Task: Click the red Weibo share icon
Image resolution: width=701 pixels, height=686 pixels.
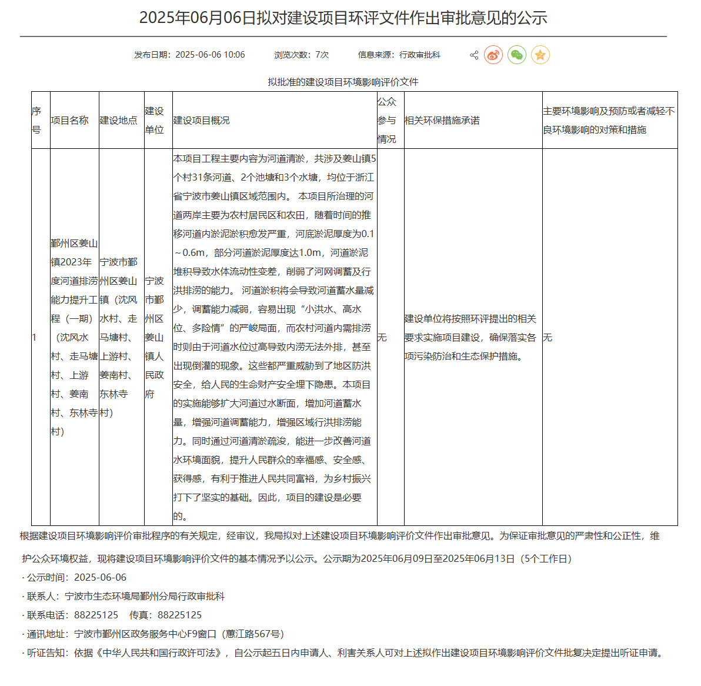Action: pos(493,55)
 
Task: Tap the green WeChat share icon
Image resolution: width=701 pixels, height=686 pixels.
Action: pos(517,55)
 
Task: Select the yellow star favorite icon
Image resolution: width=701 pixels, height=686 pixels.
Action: pos(540,55)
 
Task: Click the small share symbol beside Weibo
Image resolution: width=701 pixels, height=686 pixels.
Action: pos(474,55)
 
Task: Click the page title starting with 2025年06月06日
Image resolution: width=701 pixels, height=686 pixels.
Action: pos(343,18)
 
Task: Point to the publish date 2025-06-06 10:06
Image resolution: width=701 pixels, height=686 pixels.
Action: pos(210,55)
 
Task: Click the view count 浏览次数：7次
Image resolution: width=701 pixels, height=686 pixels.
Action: pos(301,55)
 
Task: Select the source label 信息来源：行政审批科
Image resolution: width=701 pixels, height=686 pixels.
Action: pos(399,55)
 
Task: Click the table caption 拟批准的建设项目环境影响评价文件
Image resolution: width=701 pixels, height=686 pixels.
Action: pos(343,82)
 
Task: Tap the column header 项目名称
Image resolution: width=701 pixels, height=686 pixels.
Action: pos(69,120)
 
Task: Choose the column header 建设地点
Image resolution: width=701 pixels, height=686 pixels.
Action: pos(118,120)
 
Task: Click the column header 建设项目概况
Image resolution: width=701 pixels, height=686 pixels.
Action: pos(201,120)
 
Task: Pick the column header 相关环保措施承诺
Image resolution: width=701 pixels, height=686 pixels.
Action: pos(442,120)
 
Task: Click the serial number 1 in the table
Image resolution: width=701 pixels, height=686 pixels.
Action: pos(34,337)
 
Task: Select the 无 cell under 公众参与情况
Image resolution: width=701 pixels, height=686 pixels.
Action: pos(382,337)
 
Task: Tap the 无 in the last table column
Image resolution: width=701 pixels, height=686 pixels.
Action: pos(548,337)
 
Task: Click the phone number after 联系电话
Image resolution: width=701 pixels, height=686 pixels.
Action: pos(96,615)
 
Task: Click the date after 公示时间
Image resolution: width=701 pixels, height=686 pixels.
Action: pos(100,577)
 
